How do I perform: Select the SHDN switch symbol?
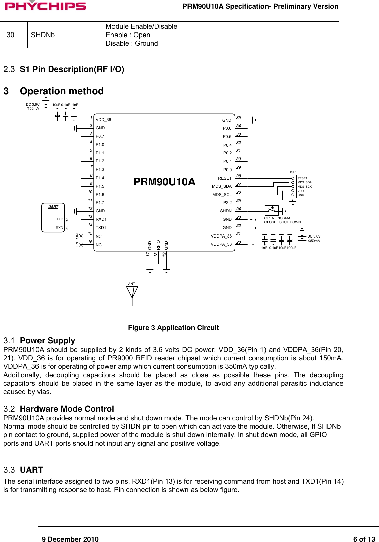point(272,210)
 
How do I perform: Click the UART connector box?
point(53,218)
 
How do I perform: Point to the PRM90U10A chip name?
point(164,182)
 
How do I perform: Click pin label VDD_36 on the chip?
point(103,120)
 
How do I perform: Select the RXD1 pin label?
point(101,219)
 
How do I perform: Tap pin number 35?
point(239,118)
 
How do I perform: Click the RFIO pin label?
point(158,245)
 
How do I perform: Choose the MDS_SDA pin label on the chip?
point(222,186)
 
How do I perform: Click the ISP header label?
point(293,172)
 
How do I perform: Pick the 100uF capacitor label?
point(291,248)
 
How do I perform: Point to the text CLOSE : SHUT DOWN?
point(282,222)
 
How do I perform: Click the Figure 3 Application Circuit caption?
point(173,328)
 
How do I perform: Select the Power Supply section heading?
point(47,341)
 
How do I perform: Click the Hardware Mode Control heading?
point(67,409)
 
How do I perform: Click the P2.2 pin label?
point(227,203)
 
